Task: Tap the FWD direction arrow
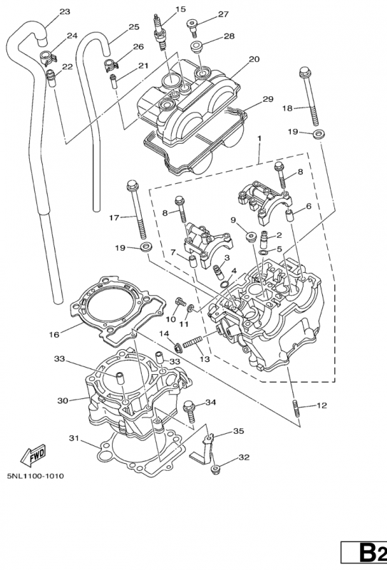point(33,455)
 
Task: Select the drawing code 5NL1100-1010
point(36,475)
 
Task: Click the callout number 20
point(254,59)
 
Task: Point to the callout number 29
point(268,99)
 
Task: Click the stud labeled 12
point(296,408)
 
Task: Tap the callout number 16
point(54,334)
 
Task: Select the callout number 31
point(74,438)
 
